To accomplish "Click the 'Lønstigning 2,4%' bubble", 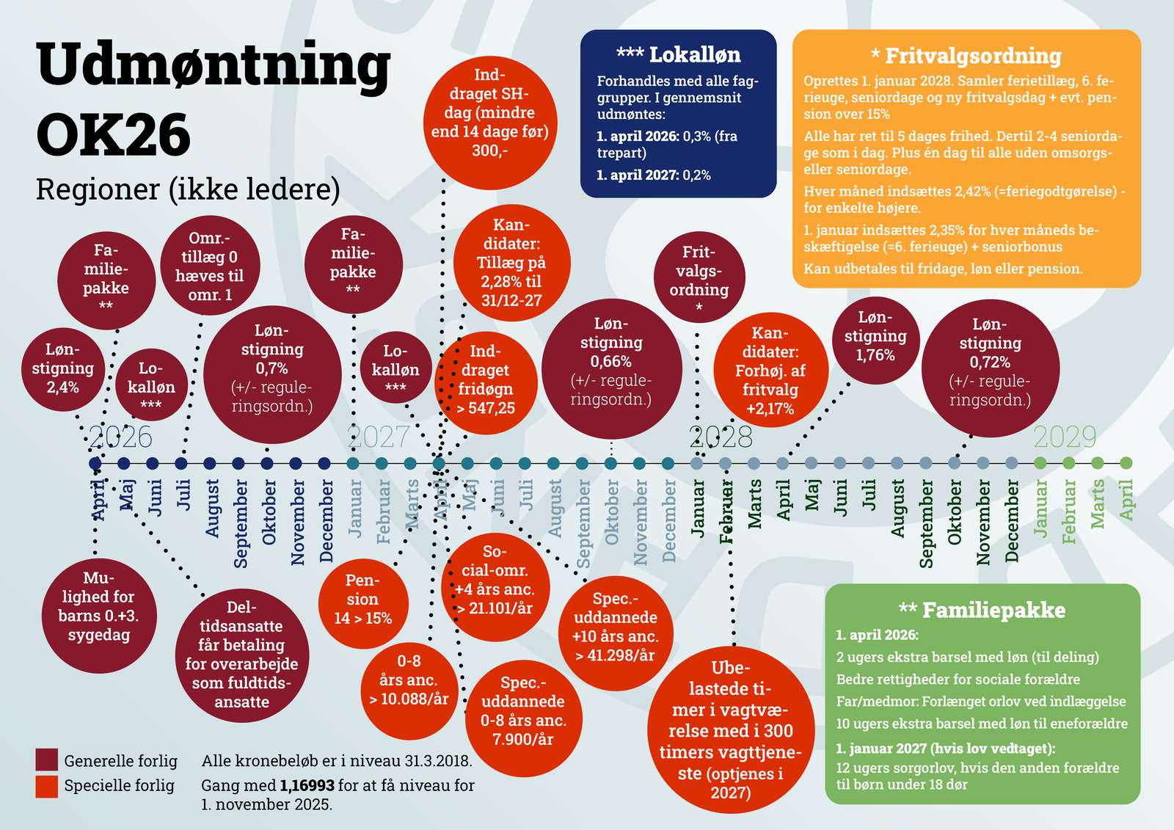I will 62,368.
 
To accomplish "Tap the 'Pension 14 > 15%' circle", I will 362,600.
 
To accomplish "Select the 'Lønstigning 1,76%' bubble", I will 875,338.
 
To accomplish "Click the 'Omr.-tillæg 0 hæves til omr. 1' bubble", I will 210,266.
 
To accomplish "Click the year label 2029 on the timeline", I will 1064,437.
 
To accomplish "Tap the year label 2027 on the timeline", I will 379,437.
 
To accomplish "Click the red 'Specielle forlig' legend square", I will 46,786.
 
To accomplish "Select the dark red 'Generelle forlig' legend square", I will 46,760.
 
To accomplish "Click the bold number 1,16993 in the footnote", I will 307,785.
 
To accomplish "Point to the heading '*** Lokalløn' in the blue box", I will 678,55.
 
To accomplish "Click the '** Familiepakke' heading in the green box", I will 982,610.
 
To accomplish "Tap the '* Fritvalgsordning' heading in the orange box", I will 966,57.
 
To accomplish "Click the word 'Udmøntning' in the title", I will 213,65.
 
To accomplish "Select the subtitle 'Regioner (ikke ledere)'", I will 188,189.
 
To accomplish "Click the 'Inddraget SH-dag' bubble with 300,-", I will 489,114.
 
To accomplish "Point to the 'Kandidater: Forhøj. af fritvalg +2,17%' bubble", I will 770,371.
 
